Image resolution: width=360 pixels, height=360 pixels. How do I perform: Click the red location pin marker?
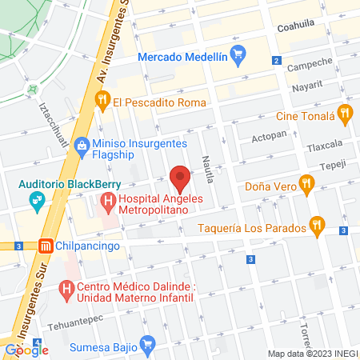180,178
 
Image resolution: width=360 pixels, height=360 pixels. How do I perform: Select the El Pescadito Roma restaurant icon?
102,101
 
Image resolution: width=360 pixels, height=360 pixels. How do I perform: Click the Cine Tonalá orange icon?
345,113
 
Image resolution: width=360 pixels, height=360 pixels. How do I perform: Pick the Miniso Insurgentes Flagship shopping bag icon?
81,145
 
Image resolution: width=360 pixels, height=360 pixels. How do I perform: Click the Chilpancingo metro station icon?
46,246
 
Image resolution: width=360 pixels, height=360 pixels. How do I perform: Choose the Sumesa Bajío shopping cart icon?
146,345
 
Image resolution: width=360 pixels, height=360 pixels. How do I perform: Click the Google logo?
26,350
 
